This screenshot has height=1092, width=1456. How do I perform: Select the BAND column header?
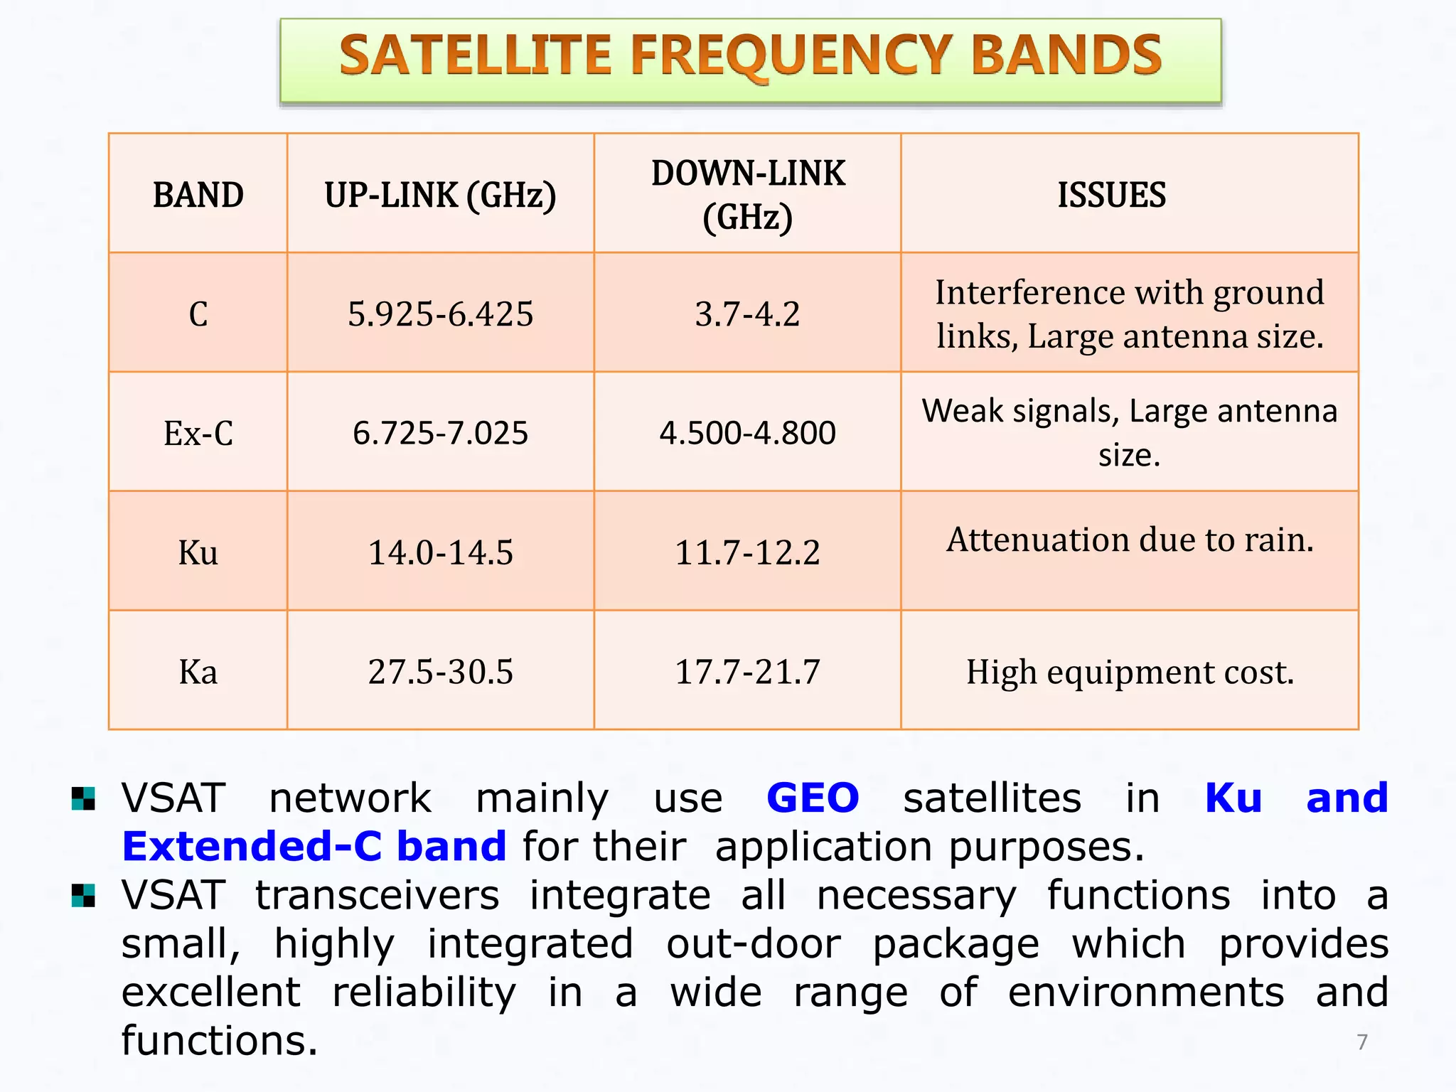coord(198,195)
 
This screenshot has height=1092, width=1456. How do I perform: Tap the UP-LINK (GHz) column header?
coord(440,195)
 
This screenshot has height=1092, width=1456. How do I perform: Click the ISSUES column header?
coord(1111,195)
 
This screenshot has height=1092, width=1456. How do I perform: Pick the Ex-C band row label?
coord(198,433)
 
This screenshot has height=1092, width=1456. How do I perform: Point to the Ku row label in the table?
coord(198,552)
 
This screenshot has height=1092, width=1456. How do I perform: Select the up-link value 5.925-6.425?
coord(440,314)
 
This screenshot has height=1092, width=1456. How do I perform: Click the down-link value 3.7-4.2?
coord(747,314)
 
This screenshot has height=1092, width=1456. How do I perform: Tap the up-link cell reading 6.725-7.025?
coord(440,433)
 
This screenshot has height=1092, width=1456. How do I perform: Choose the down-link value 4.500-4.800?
coord(747,433)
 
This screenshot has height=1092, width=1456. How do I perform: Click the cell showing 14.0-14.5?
coord(440,552)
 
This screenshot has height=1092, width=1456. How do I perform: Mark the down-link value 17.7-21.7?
coord(747,672)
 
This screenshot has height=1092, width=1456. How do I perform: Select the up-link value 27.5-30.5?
coord(440,672)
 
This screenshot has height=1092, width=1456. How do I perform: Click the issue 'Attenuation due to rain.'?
coord(1130,540)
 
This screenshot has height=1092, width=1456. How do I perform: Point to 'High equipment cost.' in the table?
coord(1130,672)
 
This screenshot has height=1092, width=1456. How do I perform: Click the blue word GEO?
coord(813,798)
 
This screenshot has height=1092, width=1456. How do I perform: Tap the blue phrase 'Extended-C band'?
coord(314,847)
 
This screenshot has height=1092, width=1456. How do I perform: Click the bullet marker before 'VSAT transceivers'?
coord(83,896)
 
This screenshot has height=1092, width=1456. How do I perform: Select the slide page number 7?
coord(1361,1042)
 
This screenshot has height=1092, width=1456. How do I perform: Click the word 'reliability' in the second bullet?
coord(424,992)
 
